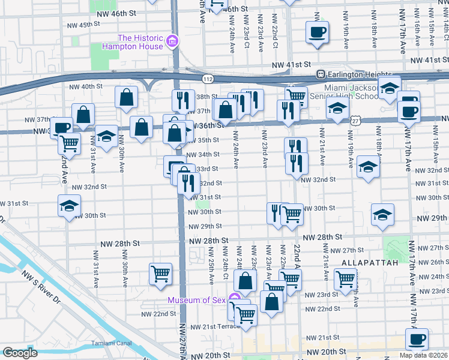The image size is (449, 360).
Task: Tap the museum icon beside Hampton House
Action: coord(172,41)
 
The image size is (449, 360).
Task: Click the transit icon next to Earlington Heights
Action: coord(321,74)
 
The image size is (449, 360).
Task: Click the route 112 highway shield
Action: coord(208,79)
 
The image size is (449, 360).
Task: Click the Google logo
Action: coord(20,353)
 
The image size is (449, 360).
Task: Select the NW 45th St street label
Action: coord(84,25)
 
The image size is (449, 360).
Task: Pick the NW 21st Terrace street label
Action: coord(214,326)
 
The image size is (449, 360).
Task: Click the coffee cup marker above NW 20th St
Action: coord(417,339)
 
